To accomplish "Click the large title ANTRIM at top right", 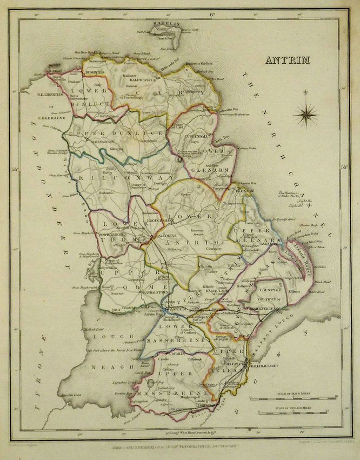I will click(286, 59).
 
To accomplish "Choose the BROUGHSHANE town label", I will click(162, 221).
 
